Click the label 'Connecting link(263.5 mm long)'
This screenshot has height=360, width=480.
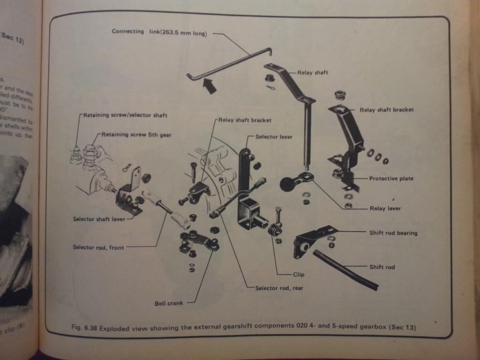click(x=159, y=32)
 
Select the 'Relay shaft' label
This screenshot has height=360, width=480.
click(x=313, y=73)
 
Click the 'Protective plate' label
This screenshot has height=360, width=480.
click(x=391, y=179)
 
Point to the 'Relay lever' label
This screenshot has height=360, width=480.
click(x=385, y=209)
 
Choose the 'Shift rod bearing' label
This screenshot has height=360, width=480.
click(x=393, y=232)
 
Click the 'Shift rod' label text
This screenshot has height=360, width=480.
click(x=382, y=267)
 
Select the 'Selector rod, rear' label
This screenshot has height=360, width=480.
click(x=279, y=288)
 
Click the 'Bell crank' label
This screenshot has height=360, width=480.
click(x=169, y=303)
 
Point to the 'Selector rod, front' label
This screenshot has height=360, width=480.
click(x=98, y=247)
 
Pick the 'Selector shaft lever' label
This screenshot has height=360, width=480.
click(x=99, y=219)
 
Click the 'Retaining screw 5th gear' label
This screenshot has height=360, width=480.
click(x=131, y=135)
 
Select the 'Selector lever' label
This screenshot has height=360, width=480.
click(x=274, y=136)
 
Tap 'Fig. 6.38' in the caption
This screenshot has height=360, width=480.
click(x=83, y=327)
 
